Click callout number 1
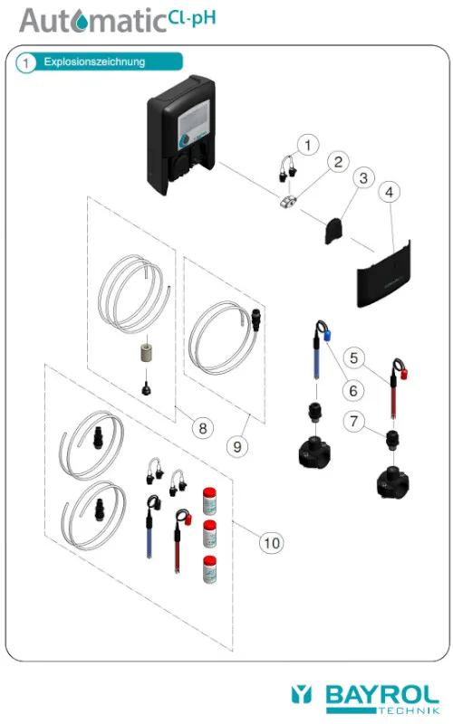click(x=308, y=145)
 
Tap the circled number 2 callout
click(x=338, y=162)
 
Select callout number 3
click(x=363, y=178)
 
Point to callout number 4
click(x=390, y=192)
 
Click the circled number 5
click(x=354, y=357)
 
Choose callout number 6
click(x=353, y=391)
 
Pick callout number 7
click(x=354, y=421)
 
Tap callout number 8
click(x=202, y=428)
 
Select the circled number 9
click(x=237, y=446)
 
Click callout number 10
click(x=272, y=542)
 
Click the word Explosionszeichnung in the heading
click(x=94, y=62)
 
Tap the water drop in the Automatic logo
click(x=82, y=21)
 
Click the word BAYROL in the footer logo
click(x=381, y=695)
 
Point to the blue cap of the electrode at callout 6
click(x=327, y=336)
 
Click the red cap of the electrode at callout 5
click(x=403, y=374)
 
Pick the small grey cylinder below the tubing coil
click(x=147, y=353)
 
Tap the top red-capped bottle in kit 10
click(x=210, y=500)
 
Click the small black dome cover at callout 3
click(x=333, y=231)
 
